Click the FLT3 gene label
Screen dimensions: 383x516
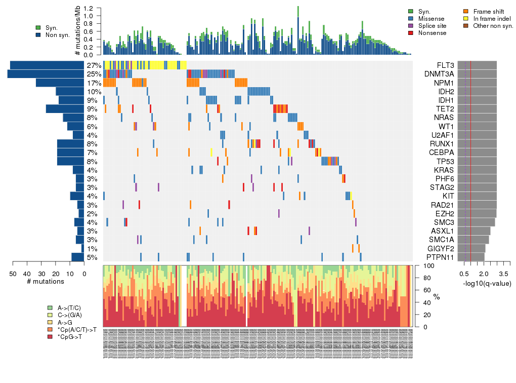[445, 65]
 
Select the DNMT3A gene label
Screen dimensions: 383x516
[439, 74]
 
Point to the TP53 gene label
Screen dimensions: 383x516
[445, 161]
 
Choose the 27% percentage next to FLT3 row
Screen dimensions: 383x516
[94, 65]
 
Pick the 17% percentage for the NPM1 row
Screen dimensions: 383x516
[94, 83]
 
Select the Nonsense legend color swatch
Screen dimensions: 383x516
[411, 33]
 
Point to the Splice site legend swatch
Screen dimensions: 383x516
[411, 26]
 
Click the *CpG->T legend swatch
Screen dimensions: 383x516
[50, 336]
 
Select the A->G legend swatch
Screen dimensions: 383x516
[50, 322]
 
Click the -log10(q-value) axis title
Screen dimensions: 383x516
[486, 283]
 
